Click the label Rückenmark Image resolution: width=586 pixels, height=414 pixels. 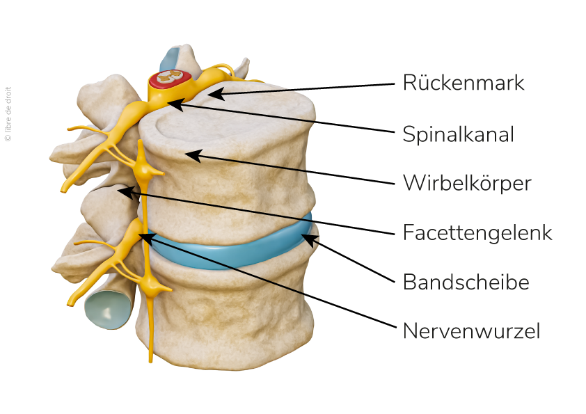463,83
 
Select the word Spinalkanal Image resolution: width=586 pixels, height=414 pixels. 458,134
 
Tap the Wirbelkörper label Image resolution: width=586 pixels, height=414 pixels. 467,184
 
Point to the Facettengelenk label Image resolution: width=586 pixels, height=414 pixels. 477,232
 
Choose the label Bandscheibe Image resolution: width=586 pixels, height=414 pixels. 466,282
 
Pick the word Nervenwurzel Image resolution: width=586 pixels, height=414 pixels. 472,331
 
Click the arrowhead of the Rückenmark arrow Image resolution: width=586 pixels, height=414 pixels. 212,93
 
